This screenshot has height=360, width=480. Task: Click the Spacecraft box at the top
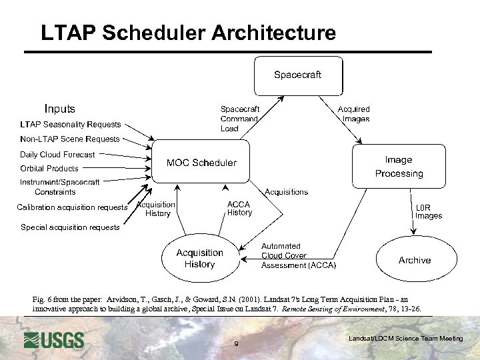pos(298,75)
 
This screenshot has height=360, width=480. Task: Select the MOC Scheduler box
pos(201,162)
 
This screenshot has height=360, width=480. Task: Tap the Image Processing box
pos(399,167)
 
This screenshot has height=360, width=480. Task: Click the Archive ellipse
pos(414,260)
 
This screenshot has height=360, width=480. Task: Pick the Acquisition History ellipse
pos(199,259)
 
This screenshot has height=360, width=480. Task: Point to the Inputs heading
pos(60,109)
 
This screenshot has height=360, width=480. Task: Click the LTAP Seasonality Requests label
pos(71,124)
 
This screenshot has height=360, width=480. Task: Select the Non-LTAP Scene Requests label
pos(70,139)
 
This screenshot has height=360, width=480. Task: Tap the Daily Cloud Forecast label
pos(57,155)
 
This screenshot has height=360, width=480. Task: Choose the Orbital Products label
pos(49,169)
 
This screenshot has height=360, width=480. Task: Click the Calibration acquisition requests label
pos(72,207)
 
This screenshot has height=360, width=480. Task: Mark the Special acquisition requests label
pos(70,227)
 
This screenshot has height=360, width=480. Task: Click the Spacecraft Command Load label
pos(240,119)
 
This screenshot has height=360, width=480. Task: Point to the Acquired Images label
pos(354,114)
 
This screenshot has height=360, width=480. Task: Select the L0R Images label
pos(429,211)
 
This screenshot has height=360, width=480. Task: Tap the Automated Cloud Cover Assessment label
pos(298,255)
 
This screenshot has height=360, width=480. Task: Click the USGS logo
pos(54,340)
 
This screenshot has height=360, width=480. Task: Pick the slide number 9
pos(237,344)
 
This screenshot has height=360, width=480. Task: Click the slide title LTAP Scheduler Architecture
pos(189,33)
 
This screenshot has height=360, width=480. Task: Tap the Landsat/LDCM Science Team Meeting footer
pos(405,339)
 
